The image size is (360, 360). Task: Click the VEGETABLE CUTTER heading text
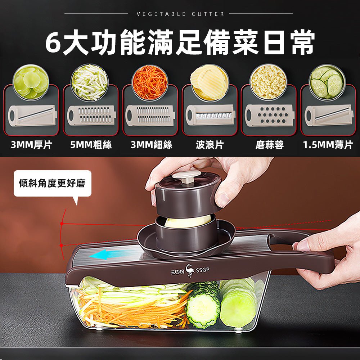[x=180, y=14]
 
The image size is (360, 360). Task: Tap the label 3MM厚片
[x=31, y=145]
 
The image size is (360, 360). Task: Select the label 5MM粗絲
[x=91, y=145]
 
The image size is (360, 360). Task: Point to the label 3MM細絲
[x=151, y=145]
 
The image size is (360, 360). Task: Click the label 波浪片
[x=210, y=145]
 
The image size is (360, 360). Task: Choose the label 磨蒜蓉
[x=270, y=145]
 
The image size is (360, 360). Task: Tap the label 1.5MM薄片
[x=328, y=145]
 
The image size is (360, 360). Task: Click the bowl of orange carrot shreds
[x=150, y=82]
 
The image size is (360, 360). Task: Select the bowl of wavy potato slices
[x=210, y=82]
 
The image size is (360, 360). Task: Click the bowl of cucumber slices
[x=327, y=82]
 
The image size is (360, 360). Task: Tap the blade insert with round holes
[x=269, y=115]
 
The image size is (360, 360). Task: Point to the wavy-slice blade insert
[x=210, y=115]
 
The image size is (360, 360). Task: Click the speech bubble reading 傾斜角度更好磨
[x=53, y=184]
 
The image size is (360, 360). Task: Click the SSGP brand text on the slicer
[x=202, y=270]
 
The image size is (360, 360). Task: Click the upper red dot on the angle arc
[x=62, y=224]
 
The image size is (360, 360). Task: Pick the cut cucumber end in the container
[x=202, y=309]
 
